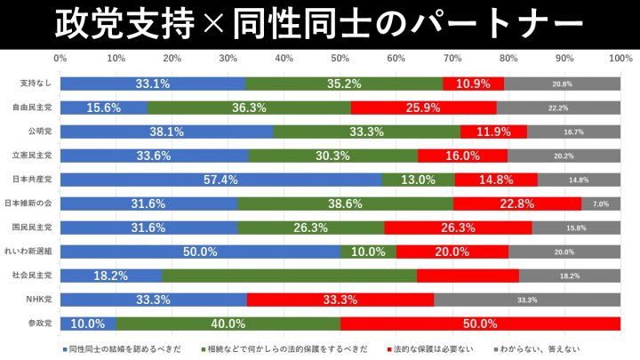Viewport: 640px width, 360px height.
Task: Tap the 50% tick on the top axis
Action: click(340, 59)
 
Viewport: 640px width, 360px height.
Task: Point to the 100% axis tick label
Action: click(620, 59)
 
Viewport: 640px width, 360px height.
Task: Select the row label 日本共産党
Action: click(37, 180)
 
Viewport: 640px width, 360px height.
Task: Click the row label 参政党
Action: click(41, 324)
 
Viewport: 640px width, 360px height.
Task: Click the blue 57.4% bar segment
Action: click(220, 180)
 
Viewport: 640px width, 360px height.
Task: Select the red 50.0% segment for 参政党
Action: click(480, 324)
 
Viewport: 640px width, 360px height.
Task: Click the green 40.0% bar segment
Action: click(228, 324)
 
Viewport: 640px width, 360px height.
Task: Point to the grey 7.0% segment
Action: click(601, 204)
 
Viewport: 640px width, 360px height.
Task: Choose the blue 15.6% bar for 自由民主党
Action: click(104, 108)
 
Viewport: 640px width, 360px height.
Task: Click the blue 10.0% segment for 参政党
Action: click(88, 324)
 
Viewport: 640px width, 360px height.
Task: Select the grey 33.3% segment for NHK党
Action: click(527, 300)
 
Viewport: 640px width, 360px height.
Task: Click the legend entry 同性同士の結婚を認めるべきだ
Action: click(124, 348)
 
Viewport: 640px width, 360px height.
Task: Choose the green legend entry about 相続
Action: click(284, 348)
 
